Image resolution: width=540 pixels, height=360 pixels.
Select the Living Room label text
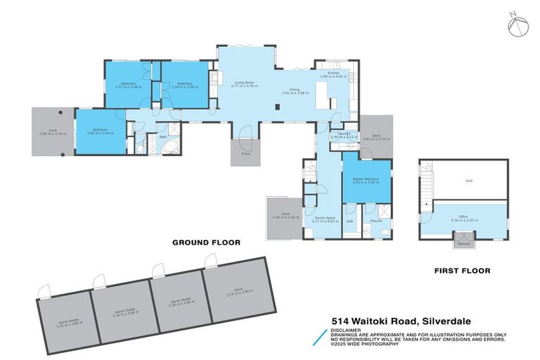tap(244, 83)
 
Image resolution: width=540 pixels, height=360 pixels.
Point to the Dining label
tap(295, 89)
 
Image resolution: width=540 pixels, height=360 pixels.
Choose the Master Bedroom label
tap(366, 179)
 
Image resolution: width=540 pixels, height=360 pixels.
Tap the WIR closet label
tap(349, 221)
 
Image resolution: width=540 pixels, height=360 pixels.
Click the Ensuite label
tap(376, 221)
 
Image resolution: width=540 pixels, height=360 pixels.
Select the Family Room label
tap(323, 218)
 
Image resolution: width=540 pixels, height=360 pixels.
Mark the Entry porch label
tap(245, 152)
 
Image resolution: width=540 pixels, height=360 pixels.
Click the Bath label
tap(163, 136)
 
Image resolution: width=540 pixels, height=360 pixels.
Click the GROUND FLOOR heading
tap(207, 242)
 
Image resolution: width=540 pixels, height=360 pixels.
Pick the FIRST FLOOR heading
tap(462, 270)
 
